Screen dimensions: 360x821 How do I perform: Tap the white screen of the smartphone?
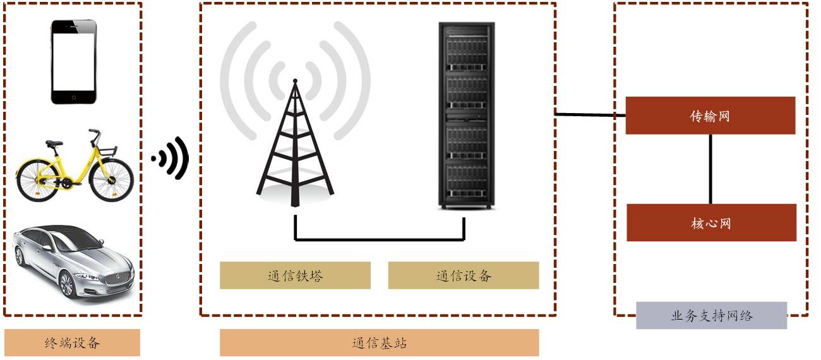74,62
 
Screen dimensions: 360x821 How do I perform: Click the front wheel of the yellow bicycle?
112,179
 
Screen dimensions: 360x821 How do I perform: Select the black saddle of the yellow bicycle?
54,144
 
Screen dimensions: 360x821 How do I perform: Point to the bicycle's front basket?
107,151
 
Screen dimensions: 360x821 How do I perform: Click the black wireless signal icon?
171,158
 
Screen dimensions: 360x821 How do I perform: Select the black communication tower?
294,152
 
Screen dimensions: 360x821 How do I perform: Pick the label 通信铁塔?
295,275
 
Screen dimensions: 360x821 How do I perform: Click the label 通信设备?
464,275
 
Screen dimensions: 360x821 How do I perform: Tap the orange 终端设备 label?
72,343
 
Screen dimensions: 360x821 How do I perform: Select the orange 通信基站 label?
379,343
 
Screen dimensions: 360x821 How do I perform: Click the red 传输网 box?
710,116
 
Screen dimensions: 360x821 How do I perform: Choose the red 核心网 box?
711,222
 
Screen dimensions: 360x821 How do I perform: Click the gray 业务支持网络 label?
711,315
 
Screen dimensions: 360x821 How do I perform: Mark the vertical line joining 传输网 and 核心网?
710,169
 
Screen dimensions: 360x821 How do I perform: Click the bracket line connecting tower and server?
379,240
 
